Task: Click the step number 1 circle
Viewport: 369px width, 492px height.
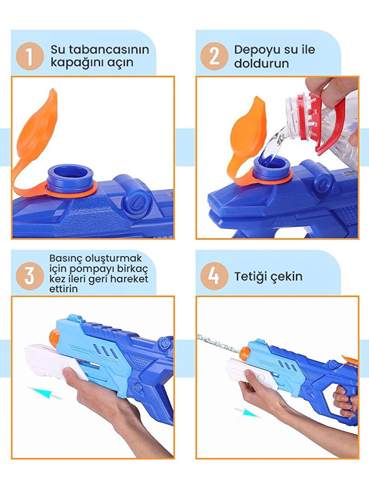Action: (30, 56)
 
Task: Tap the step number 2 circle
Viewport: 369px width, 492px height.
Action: (214, 56)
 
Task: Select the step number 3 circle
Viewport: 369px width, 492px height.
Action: (30, 276)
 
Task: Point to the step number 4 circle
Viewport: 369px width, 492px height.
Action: (214, 276)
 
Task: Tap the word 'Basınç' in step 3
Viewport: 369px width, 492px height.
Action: (65, 258)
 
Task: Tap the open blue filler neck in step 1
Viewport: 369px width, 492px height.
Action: (70, 178)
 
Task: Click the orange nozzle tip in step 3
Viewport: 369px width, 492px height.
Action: (54, 338)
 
